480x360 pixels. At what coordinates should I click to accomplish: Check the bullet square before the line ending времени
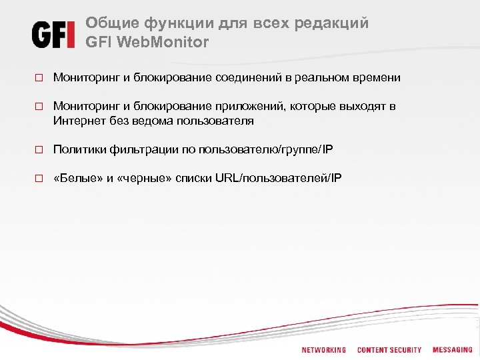click(39, 78)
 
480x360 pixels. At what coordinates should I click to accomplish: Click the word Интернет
click(77, 121)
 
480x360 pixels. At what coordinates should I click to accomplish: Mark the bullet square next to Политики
click(39, 150)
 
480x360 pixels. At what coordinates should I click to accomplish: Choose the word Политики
click(77, 150)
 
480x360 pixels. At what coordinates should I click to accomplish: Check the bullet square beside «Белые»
click(39, 179)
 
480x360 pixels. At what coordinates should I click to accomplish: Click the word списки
click(194, 178)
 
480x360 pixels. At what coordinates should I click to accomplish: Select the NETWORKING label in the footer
click(323, 350)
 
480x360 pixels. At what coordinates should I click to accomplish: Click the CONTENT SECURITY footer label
click(389, 350)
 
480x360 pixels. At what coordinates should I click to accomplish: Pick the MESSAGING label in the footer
click(452, 350)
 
